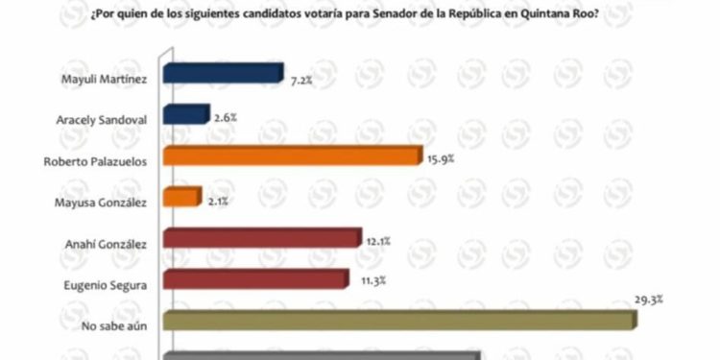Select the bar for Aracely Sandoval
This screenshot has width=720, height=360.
click(186, 116)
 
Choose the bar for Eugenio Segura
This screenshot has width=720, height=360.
click(254, 280)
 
